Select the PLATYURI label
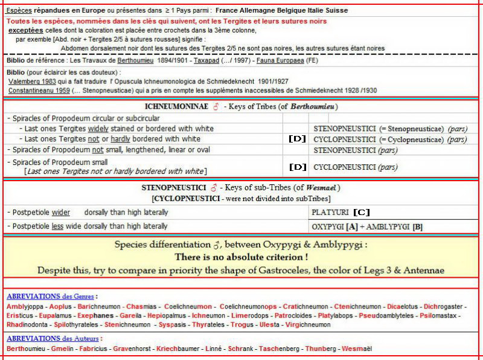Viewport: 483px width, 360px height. [x=331, y=213]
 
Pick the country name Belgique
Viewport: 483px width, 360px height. [x=279, y=11]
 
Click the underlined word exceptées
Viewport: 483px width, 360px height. [x=25, y=30]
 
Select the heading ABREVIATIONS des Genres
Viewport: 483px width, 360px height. [x=51, y=297]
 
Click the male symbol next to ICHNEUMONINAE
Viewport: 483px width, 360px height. [x=215, y=107]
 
